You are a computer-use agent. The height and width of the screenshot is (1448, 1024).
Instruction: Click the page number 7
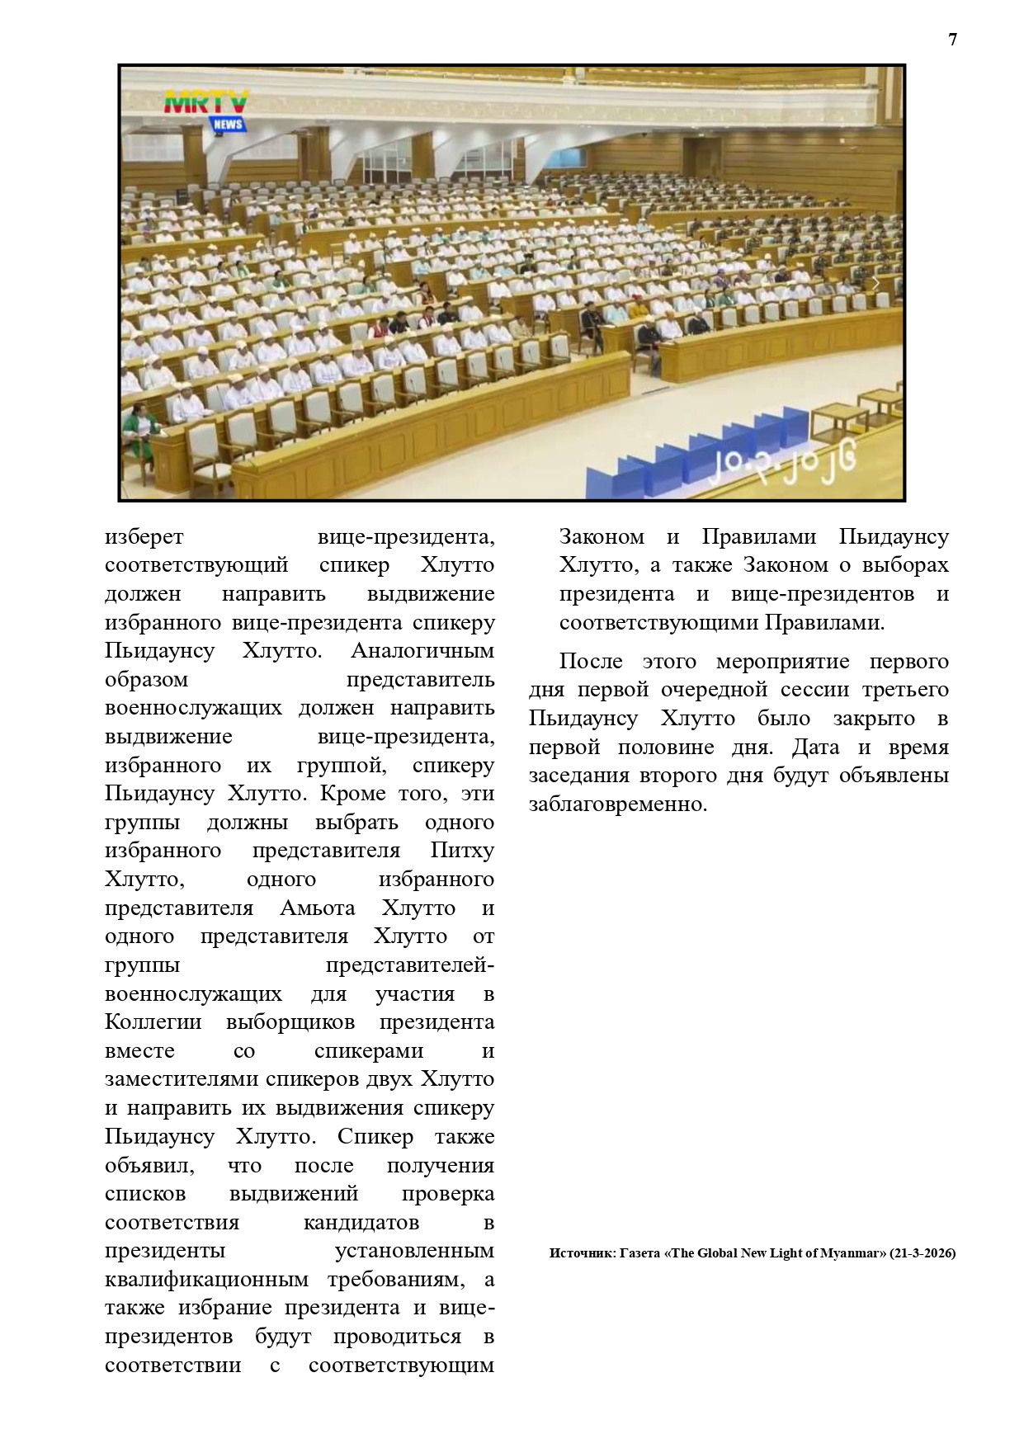[x=953, y=40]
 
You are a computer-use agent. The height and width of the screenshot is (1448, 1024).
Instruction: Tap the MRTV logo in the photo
[x=205, y=101]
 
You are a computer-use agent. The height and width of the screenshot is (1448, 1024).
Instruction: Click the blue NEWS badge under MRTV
[x=228, y=124]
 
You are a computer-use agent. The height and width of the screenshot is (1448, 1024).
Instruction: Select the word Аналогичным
[x=422, y=650]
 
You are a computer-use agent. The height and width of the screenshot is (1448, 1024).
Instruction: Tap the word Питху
[x=462, y=851]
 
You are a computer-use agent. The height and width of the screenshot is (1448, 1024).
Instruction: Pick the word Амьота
[x=318, y=908]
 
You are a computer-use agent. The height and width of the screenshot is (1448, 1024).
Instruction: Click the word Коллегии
[x=153, y=1022]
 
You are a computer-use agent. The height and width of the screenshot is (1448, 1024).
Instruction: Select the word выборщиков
[x=290, y=1022]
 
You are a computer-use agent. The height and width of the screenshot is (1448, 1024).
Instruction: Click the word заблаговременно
[x=618, y=804]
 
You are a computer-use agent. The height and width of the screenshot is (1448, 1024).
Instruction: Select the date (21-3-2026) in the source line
[x=923, y=1252]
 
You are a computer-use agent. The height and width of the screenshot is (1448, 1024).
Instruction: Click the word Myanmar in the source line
[x=853, y=1252]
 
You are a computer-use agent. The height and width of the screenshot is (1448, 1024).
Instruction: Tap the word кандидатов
[x=361, y=1222]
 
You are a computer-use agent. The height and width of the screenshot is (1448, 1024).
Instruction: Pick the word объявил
[x=149, y=1165]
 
